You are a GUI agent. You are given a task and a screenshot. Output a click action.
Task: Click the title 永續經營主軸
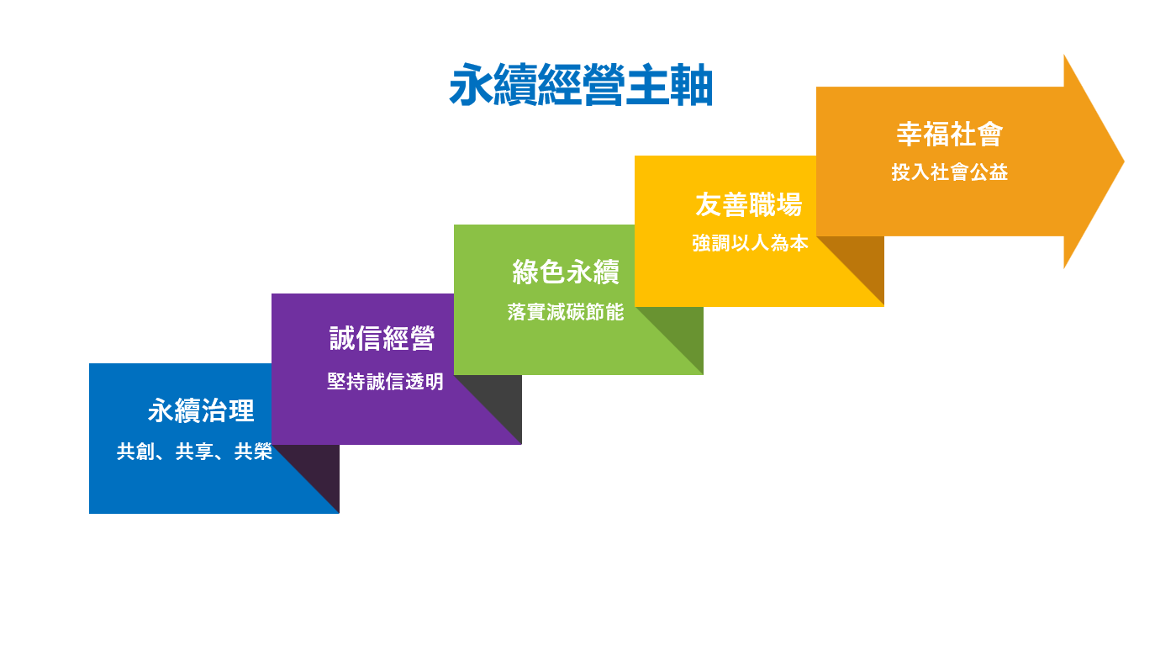(x=581, y=85)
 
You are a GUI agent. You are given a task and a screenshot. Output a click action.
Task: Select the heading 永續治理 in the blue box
(x=201, y=410)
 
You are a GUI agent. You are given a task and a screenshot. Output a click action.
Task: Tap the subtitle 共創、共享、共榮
(x=194, y=452)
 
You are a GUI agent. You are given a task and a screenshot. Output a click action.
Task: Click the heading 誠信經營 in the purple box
(x=382, y=338)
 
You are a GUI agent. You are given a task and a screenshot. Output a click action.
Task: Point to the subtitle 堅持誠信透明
(x=385, y=382)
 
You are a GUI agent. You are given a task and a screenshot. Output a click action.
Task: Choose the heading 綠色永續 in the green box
(x=566, y=272)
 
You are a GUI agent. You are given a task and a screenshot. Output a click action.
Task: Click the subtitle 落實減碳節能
(x=566, y=312)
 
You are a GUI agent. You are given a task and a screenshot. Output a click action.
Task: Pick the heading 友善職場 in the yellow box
(x=749, y=204)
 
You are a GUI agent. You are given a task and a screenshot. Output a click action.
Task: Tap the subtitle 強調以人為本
(x=750, y=243)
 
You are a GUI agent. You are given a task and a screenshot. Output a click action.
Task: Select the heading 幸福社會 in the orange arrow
(x=949, y=134)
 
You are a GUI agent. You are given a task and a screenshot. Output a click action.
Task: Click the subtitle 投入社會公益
(x=949, y=172)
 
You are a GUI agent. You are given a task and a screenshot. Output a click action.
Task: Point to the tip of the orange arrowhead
(x=1124, y=161)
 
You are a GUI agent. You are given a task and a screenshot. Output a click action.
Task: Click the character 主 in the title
(x=647, y=85)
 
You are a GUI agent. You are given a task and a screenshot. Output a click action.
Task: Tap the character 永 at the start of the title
(x=471, y=85)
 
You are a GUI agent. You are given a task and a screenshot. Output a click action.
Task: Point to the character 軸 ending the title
(x=691, y=85)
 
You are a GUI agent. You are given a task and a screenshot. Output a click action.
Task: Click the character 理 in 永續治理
(x=241, y=410)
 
